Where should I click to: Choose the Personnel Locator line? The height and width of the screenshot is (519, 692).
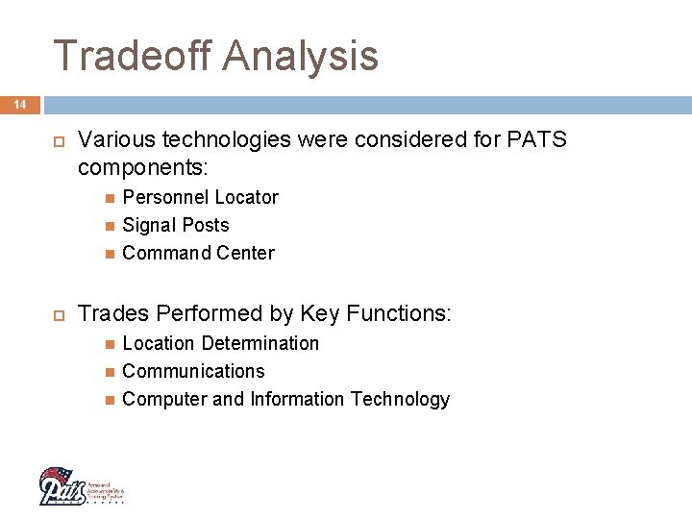pos(200,197)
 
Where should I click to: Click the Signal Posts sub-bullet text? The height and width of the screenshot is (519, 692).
pos(176,225)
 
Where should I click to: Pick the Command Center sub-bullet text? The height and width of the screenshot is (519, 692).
pos(198,253)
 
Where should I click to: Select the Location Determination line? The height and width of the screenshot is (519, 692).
pos(220,343)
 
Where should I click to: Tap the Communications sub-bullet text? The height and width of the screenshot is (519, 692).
pos(193,371)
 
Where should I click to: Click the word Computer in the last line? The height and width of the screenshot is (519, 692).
pos(164,399)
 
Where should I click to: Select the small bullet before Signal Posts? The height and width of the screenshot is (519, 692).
pos(111,226)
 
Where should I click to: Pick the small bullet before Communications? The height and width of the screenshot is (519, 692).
pos(111,372)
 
